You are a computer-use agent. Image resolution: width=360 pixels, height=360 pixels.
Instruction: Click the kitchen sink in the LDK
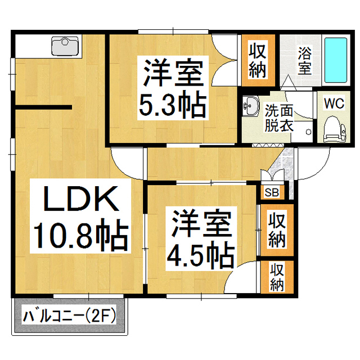pyautogui.click(x=65, y=44)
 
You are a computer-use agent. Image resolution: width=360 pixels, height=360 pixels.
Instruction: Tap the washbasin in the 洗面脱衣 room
pyautogui.click(x=250, y=105)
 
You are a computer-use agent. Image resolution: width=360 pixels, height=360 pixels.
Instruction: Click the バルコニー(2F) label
pyautogui.click(x=69, y=316)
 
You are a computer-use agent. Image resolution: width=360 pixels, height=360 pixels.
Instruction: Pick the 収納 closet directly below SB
pyautogui.click(x=276, y=229)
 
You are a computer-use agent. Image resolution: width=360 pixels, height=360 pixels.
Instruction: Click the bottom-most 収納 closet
pyautogui.click(x=276, y=277)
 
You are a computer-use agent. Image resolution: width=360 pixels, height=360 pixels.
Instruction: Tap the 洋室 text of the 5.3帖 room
pyautogui.click(x=173, y=73)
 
